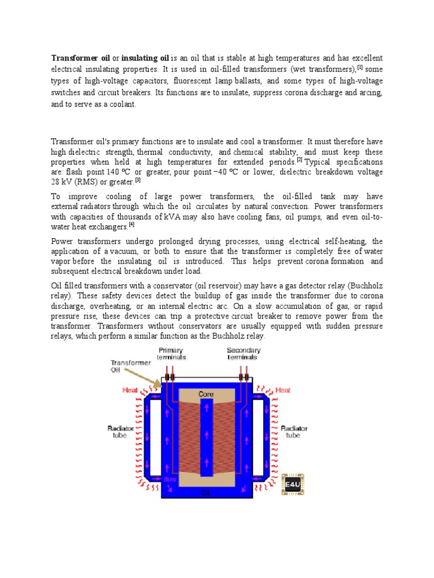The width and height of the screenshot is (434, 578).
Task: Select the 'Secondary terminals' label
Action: click(x=244, y=354)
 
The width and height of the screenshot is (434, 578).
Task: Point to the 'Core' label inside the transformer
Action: click(x=206, y=393)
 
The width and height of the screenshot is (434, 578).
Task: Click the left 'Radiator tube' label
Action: click(x=121, y=432)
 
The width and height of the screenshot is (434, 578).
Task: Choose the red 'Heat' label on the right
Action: click(x=283, y=390)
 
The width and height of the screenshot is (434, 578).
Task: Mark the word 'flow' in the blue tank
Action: click(x=170, y=479)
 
